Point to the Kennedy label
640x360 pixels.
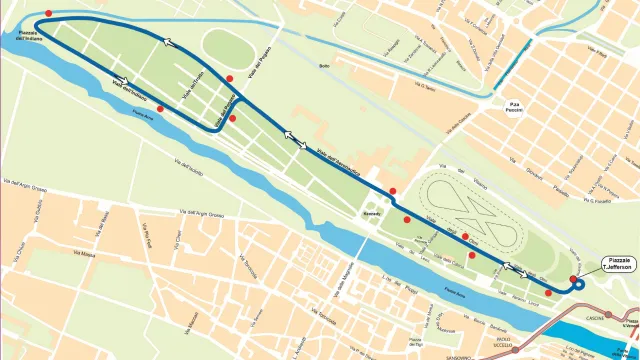(x=372, y=214)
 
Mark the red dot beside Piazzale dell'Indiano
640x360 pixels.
(x=48, y=12)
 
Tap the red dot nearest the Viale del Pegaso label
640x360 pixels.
(x=230, y=78)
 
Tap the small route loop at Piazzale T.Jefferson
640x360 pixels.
(x=577, y=284)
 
